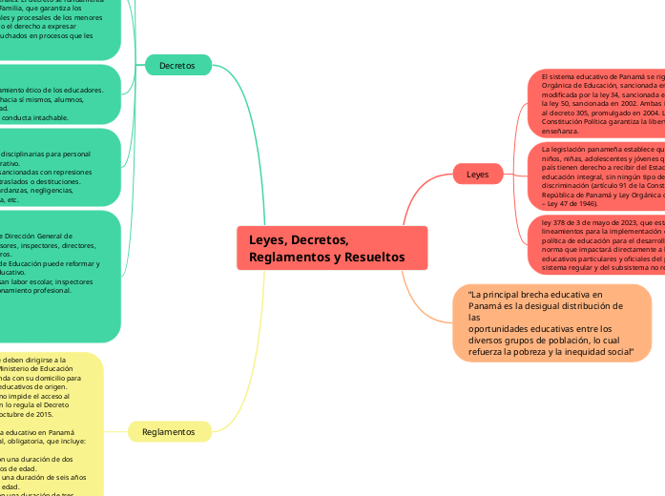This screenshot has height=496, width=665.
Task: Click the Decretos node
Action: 177,66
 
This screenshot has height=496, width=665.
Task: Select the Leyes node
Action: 477,175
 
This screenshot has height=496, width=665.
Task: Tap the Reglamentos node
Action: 168,432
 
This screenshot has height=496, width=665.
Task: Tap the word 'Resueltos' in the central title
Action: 373,258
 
